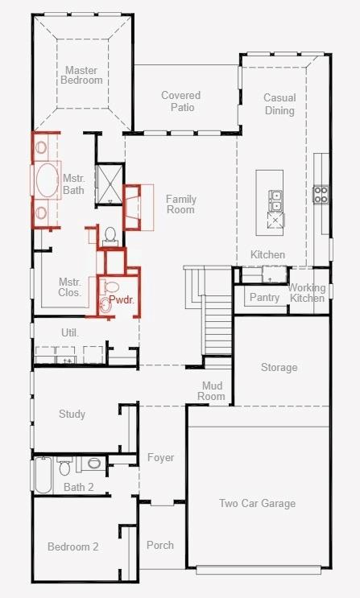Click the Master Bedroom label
84,75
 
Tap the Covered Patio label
180,101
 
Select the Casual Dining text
279,104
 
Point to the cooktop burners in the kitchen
321,193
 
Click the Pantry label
264,298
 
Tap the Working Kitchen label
307,293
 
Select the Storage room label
279,368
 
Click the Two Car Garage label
257,504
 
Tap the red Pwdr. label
121,299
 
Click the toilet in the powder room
106,303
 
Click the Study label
72,414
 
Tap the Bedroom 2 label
72,547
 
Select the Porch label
160,545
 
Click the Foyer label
160,458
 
